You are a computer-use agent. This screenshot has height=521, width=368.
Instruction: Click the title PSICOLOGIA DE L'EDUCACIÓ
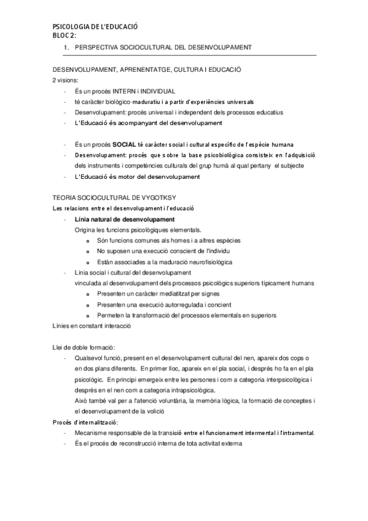[95, 28]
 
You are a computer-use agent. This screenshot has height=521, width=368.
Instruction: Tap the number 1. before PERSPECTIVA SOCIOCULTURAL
[66, 47]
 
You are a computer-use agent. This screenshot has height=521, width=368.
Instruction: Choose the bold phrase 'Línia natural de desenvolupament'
[124, 219]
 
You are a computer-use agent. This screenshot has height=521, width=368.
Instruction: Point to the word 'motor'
[127, 177]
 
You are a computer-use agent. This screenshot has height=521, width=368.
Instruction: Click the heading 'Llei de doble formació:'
[83, 348]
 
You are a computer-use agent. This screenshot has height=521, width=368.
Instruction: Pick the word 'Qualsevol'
[88, 358]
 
